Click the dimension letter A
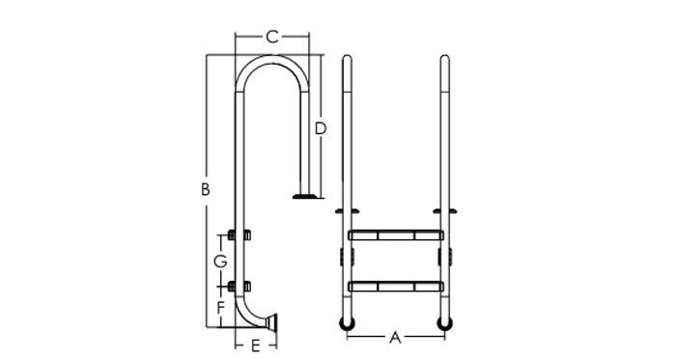395,338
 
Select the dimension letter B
206,189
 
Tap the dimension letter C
272,37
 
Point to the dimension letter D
321,128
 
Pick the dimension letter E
256,346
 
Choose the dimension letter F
221,308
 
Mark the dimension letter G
221,261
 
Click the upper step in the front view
396,235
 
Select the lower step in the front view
396,287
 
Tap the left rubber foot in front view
347,324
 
